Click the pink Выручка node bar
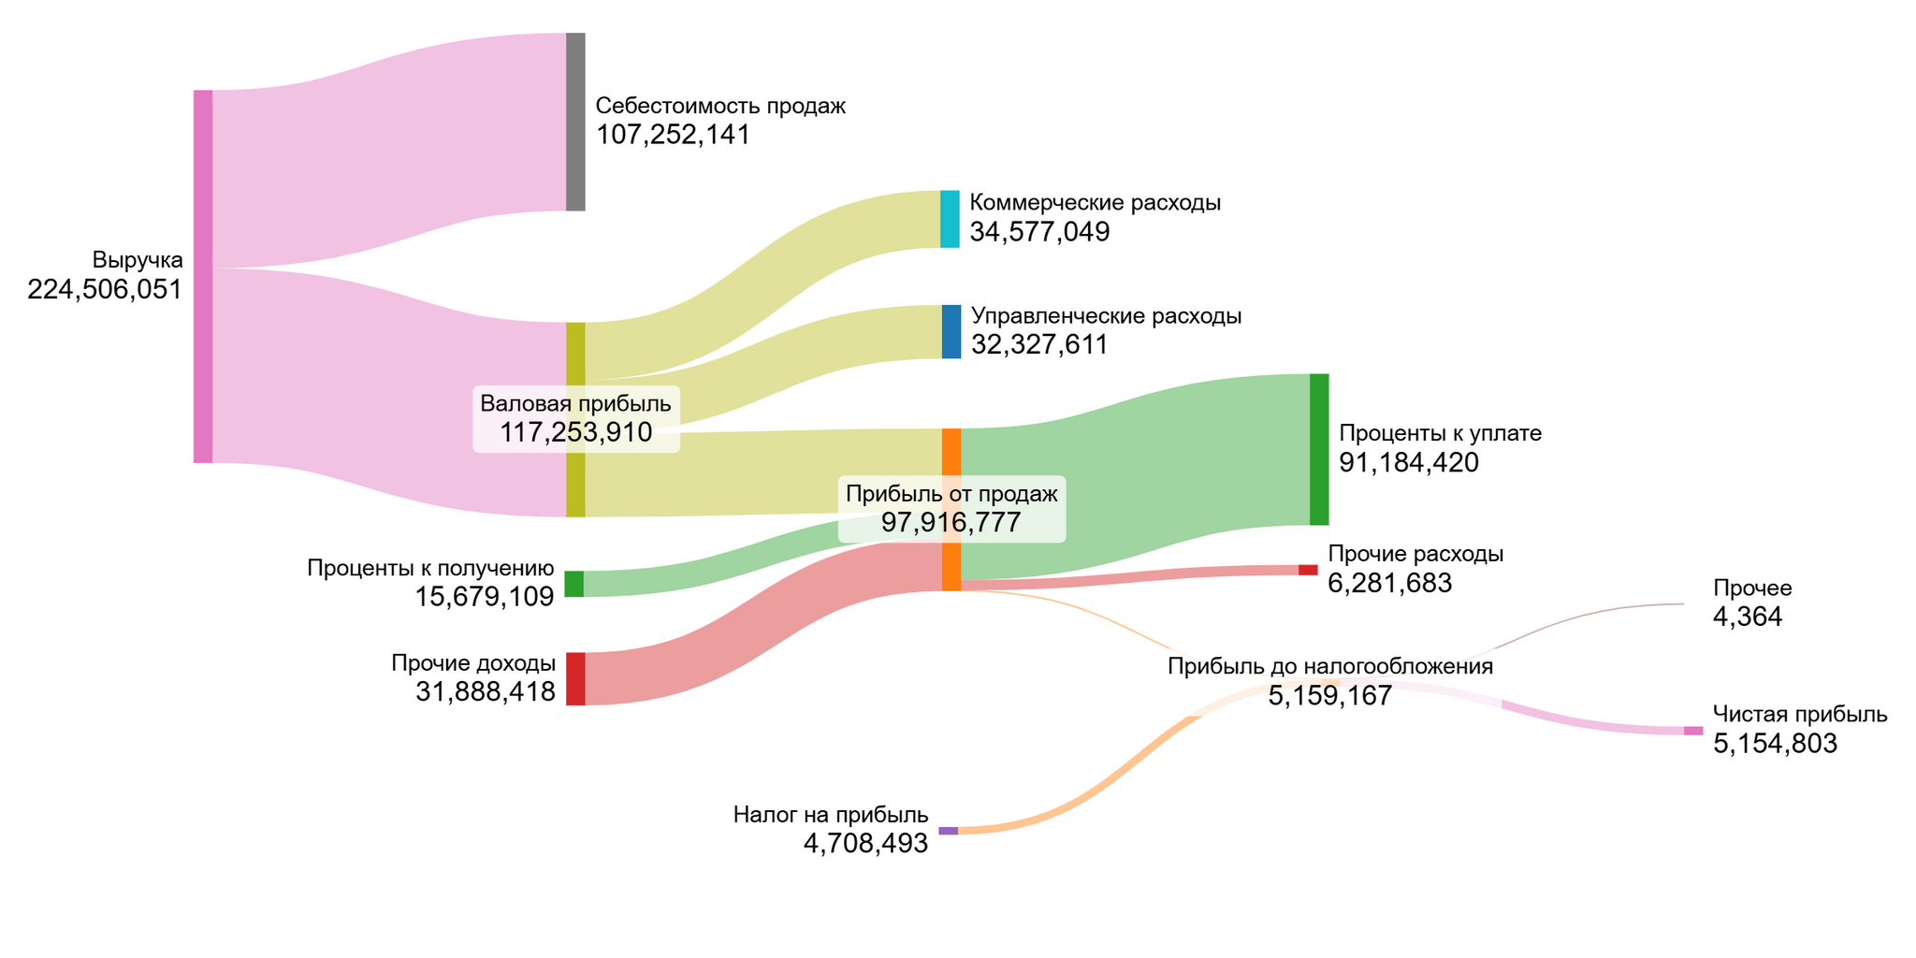click(x=203, y=276)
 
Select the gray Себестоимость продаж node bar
click(x=575, y=122)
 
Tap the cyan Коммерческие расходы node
click(x=950, y=219)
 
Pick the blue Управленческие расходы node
click(x=951, y=332)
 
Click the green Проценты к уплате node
click(x=1318, y=449)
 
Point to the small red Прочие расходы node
click(x=1307, y=570)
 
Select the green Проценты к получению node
click(x=573, y=584)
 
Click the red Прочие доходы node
click(x=575, y=678)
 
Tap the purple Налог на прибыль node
click(x=948, y=831)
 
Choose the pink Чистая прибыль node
click(x=1693, y=731)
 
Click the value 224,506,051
click(x=105, y=290)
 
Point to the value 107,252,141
click(x=674, y=136)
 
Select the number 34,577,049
click(x=1039, y=232)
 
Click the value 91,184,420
click(x=1409, y=463)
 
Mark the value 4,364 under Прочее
click(x=1748, y=617)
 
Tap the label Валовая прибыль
click(x=575, y=404)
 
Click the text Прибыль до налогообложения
click(x=1329, y=666)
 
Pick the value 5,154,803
click(x=1775, y=744)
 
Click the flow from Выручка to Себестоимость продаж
click(x=388, y=150)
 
